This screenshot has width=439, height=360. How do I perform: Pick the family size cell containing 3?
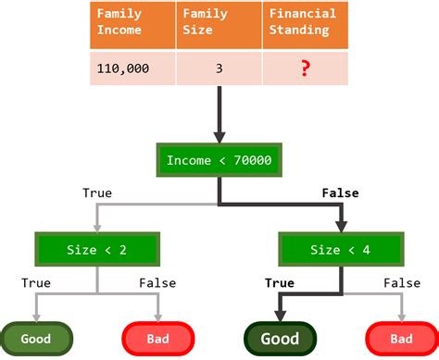218,68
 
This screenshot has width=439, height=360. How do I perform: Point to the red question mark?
305,68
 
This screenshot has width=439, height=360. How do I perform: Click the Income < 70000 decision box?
218,160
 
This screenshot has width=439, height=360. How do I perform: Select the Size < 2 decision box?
96,249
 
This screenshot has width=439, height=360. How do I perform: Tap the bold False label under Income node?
340,193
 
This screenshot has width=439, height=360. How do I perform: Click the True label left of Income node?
96,193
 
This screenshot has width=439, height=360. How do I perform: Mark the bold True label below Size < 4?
279,283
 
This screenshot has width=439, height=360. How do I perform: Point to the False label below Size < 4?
402,283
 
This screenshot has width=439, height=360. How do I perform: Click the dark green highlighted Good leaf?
280,339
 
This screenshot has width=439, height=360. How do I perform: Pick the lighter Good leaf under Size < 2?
35,339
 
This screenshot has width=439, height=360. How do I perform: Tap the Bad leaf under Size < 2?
157,339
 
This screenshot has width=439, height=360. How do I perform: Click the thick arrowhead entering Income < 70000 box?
218,137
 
